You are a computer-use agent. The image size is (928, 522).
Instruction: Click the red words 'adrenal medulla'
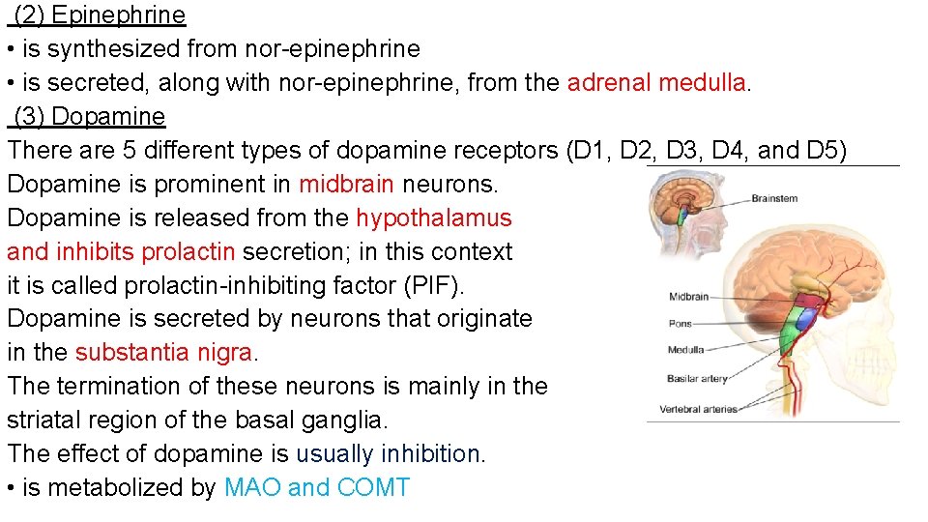pos(656,82)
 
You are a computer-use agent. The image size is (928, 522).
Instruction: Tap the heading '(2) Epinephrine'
pos(99,15)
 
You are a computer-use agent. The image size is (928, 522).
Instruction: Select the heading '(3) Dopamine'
pos(89,117)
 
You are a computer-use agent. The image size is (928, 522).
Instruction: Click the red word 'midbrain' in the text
pos(346,184)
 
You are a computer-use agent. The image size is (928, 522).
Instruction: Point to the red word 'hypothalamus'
pos(434,217)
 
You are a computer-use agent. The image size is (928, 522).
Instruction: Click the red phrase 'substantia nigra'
pos(163,352)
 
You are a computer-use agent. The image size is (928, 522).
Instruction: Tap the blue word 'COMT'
pos(374,487)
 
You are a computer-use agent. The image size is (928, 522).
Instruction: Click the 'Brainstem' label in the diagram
pos(774,198)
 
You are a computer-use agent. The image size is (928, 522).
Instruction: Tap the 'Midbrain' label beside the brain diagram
pos(688,297)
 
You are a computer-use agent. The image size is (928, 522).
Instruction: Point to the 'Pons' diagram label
pos(680,323)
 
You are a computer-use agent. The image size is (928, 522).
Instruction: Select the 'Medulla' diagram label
pos(685,350)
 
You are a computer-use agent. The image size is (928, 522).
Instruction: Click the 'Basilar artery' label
pos(696,379)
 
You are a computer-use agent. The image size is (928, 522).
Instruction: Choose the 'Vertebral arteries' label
pos(698,409)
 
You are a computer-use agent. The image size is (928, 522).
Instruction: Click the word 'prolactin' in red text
pos(188,251)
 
